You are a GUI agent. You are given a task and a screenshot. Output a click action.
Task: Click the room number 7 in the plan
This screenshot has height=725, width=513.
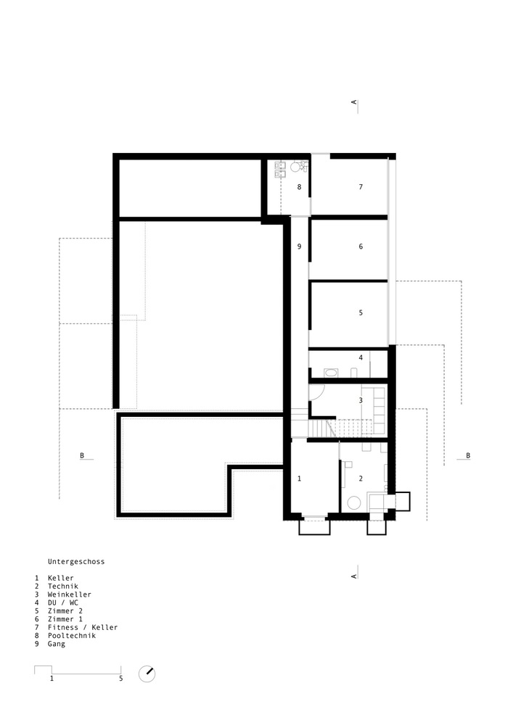tap(360, 187)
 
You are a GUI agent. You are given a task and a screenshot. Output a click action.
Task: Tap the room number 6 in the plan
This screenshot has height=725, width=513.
tap(360, 247)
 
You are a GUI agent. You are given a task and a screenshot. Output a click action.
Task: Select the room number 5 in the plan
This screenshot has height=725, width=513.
tap(360, 312)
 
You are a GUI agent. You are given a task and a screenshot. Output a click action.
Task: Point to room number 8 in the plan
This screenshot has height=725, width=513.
tap(299, 187)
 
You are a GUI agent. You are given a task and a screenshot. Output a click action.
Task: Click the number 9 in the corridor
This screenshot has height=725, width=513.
tap(299, 247)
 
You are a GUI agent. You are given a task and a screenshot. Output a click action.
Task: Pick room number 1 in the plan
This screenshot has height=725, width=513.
tap(299, 478)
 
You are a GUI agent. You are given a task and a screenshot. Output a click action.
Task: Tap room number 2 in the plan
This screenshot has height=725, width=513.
tap(360, 478)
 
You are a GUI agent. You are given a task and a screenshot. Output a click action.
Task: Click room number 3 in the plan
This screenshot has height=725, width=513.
tap(360, 399)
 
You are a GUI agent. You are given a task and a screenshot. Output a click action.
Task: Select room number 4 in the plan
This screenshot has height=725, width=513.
tap(360, 358)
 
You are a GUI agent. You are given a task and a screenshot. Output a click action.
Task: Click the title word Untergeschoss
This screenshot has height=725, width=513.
tap(76, 561)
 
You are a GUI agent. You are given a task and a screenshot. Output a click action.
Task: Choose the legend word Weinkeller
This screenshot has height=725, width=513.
tap(70, 594)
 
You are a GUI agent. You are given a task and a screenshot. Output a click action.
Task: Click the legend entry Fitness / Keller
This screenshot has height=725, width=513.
tap(82, 627)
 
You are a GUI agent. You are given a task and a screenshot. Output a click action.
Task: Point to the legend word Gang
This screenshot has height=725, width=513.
tap(56, 644)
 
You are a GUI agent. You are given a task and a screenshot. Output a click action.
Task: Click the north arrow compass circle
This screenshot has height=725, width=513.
tap(147, 674)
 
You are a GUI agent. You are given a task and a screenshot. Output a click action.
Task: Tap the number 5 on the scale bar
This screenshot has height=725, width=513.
tap(121, 679)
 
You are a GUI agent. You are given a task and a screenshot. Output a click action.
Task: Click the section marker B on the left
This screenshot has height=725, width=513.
tap(83, 455)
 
